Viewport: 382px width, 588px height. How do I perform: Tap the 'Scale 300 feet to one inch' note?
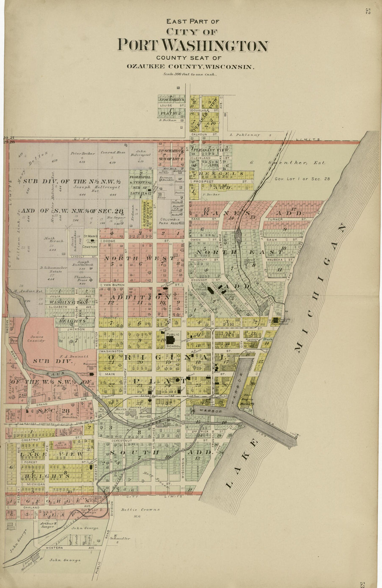click(x=190, y=74)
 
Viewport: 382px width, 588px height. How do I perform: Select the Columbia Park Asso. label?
click(x=170, y=222)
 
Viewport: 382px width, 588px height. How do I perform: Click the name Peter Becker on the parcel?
click(x=82, y=153)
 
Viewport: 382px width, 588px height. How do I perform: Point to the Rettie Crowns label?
click(x=140, y=509)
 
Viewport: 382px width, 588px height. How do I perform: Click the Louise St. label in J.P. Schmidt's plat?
click(x=166, y=105)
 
